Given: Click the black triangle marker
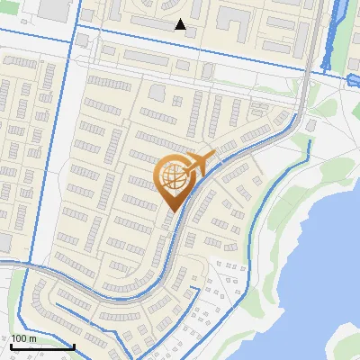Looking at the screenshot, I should tap(181, 25).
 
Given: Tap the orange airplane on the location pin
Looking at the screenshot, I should tap(201, 163).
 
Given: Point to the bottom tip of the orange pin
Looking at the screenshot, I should tap(173, 212).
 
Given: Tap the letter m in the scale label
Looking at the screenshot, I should tap(33, 337).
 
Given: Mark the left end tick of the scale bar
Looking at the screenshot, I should tap(11, 346).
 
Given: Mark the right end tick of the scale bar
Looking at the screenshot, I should tap(74, 346).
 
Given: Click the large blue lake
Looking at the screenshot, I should tap(315, 270).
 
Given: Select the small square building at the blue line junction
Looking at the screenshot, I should tap(83, 40).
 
